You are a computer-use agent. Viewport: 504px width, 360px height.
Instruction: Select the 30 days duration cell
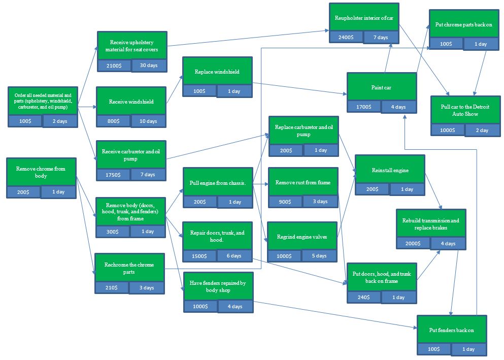pos(149,66)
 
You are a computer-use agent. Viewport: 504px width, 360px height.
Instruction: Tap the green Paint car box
pos(381,87)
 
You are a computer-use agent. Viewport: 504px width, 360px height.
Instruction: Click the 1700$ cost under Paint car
pos(364,107)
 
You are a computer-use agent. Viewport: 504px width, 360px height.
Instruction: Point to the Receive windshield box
pos(131,101)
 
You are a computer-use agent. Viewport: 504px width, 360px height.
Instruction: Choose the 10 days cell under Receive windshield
pos(149,121)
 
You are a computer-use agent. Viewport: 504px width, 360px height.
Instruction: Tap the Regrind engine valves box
pos(303,236)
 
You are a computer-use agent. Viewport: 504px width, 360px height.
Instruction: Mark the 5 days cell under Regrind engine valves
pos(320,255)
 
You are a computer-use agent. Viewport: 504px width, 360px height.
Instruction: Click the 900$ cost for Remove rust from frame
pos(285,202)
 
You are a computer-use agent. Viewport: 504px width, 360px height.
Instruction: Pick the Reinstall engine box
pos(390,170)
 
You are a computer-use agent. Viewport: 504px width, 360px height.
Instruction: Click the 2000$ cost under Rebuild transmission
pos(413,243)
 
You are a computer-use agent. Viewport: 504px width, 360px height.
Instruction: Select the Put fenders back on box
pos(451,330)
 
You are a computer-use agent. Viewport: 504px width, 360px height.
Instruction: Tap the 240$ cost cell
pos(363,297)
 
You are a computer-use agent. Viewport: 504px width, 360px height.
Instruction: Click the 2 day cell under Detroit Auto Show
pos(482,130)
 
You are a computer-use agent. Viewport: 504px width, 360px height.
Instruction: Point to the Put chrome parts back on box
pos(463,24)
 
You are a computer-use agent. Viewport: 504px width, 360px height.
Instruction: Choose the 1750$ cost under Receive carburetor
pos(113,175)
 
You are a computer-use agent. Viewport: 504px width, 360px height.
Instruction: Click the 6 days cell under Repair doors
pos(234,255)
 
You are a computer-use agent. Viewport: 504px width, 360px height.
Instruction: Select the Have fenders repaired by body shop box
pos(218,286)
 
